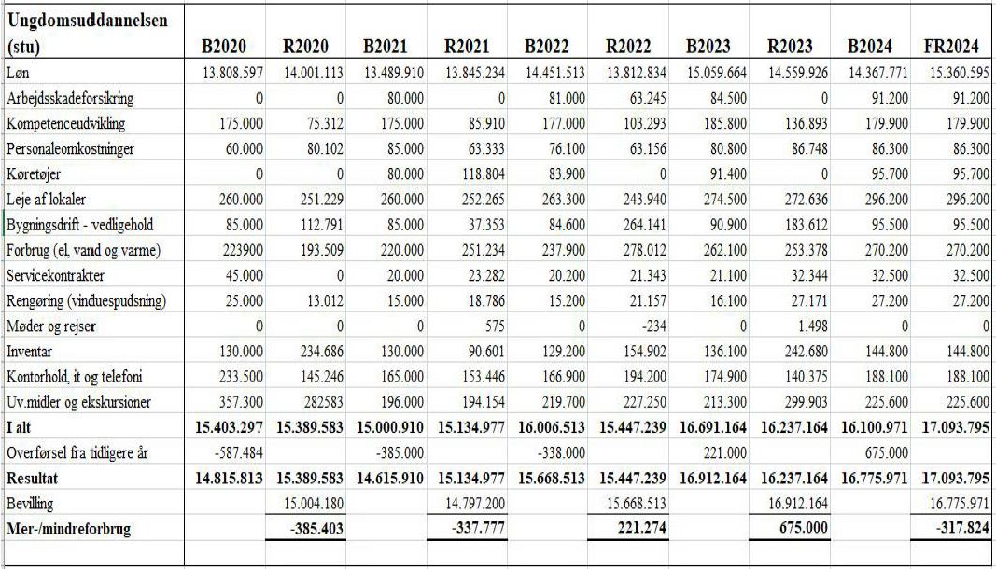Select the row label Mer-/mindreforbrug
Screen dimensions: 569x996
[67, 528]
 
